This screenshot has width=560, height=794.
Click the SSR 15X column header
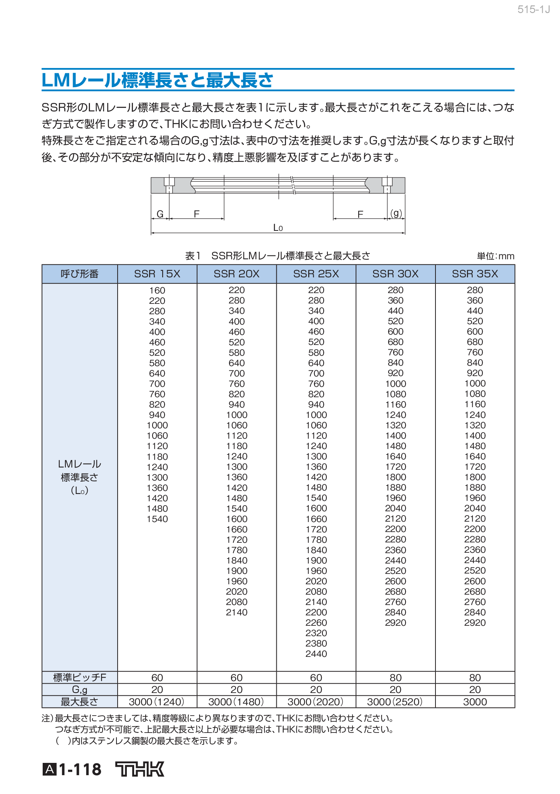coord(157,274)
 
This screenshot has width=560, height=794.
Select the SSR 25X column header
coord(316,274)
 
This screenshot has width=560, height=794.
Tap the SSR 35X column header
coord(475,274)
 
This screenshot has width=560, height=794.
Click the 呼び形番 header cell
coord(80,274)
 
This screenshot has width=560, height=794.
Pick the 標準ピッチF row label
coord(80,678)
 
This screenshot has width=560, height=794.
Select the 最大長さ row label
coord(80,702)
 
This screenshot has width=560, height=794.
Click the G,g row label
coord(80,690)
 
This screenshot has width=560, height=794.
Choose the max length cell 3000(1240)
coord(157,702)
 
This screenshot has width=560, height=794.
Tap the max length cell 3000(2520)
coord(395,702)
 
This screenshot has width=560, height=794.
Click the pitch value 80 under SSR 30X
coord(395,678)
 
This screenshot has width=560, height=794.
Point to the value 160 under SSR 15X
coord(157,290)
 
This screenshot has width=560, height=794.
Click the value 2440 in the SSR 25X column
coord(316,654)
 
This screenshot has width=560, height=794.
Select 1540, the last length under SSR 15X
coord(157,519)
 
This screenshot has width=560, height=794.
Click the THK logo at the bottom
coord(140,769)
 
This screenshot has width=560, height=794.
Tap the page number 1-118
coord(80,769)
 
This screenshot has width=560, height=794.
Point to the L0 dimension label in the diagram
coord(278,228)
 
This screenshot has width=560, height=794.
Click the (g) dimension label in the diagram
coord(396,213)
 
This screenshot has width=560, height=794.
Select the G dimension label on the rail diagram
coord(160,214)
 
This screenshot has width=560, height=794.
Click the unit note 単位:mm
coord(495,256)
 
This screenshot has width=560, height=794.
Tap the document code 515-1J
coord(533,10)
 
